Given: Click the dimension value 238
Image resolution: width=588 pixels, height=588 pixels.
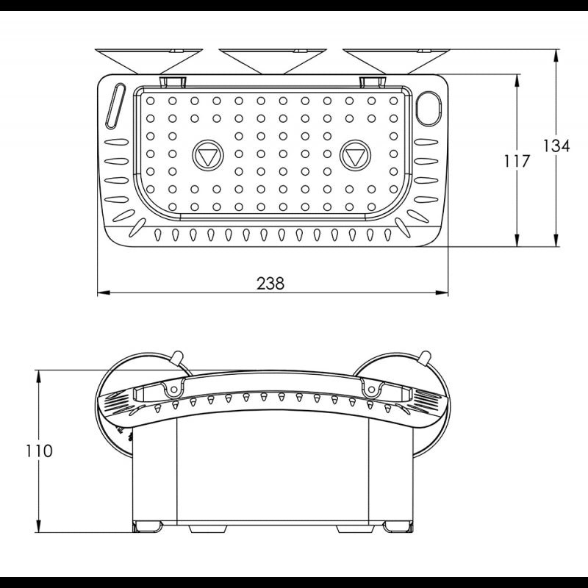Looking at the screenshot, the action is tap(270, 284).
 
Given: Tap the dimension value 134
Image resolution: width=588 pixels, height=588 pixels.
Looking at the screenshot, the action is tap(556, 146).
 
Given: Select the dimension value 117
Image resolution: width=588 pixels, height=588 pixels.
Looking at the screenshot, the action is tap(517, 161).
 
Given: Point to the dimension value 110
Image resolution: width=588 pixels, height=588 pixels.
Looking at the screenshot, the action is tap(39, 451).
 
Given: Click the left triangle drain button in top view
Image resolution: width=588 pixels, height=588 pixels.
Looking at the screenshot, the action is tap(207, 155).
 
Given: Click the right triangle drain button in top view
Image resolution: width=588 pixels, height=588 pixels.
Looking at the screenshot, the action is tap(355, 155).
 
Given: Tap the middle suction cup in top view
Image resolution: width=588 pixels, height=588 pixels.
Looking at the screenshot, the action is tap(273, 61).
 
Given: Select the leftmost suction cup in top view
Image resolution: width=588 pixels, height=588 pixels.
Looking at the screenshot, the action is tap(149, 61).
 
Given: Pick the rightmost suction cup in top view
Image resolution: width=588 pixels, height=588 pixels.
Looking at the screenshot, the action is tap(396, 61).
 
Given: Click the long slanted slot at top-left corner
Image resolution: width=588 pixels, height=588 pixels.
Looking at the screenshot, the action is tap(115, 106).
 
